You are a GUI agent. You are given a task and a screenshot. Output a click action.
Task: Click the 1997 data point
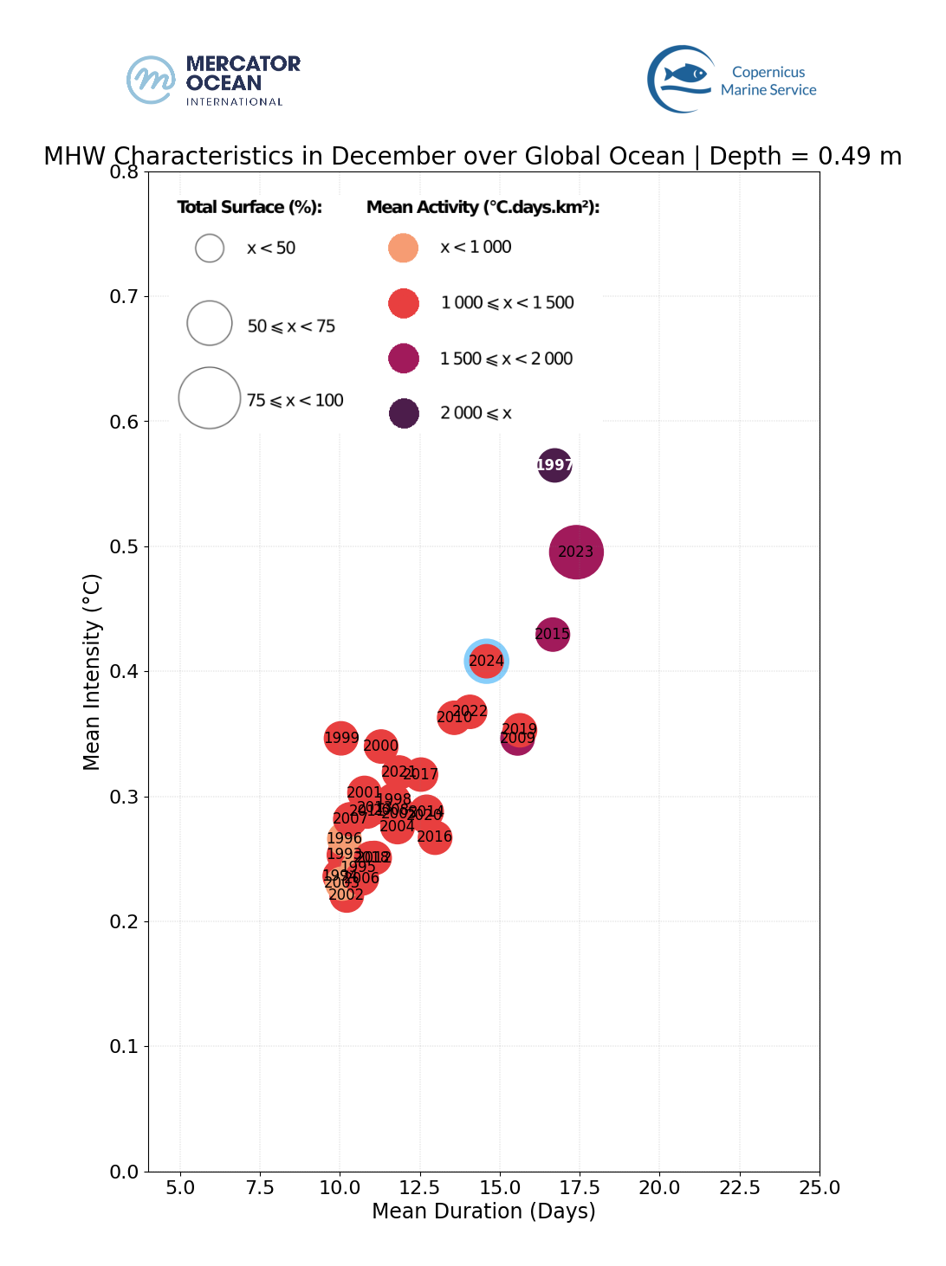coord(554,466)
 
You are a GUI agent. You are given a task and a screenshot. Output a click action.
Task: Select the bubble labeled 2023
coord(576,552)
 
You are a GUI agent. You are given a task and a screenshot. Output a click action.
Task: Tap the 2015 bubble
coord(553,634)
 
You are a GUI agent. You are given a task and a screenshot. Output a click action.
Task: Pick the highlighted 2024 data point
coord(486,661)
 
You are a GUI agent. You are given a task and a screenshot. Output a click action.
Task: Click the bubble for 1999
coord(341,738)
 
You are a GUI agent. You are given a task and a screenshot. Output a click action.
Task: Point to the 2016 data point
coord(435,836)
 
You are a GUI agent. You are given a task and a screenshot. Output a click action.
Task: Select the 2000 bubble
coord(381,746)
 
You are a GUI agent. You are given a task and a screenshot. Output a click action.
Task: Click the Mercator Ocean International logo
coord(213,81)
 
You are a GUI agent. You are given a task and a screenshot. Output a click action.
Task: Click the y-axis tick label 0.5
coord(124,546)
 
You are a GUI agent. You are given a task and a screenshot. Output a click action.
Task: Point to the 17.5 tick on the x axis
coord(580,1187)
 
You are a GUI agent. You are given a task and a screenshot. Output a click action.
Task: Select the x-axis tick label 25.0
coord(820,1187)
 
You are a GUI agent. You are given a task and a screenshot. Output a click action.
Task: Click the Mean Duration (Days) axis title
coord(483,1211)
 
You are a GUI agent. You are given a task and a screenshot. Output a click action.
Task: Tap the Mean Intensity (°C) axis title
coord(92,671)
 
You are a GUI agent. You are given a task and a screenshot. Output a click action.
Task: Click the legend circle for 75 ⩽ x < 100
coord(210,398)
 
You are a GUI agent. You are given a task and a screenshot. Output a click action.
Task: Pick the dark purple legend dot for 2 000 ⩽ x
coord(404,413)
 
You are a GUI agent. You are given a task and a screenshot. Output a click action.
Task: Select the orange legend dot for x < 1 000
coord(404,248)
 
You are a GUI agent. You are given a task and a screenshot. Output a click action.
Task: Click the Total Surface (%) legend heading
coord(249,207)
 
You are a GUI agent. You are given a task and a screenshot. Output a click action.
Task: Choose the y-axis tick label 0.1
coord(124,1046)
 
